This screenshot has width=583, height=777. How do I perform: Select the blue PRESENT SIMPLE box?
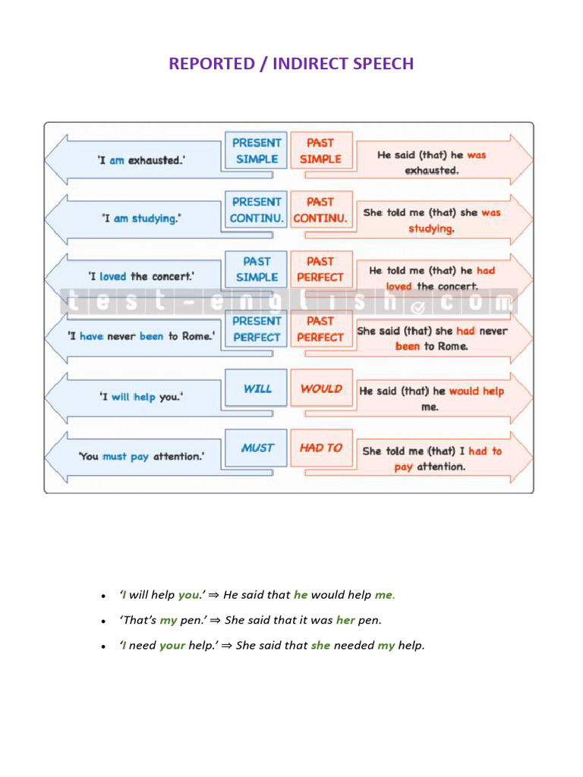[x=257, y=150]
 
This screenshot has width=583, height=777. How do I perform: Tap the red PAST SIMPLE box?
[x=320, y=150]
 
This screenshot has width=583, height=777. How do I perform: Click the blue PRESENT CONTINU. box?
[x=257, y=209]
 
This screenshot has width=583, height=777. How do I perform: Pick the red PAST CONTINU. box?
[x=320, y=209]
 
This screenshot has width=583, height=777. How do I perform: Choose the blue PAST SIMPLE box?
[x=257, y=269]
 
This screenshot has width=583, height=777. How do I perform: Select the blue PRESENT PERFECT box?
[x=257, y=329]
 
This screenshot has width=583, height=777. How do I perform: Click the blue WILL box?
[x=257, y=388]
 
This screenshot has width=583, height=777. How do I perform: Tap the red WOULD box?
[x=320, y=388]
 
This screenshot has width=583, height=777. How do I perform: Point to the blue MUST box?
[x=257, y=448]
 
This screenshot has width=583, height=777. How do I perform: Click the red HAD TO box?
[x=320, y=448]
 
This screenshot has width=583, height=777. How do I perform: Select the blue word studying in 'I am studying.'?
[x=156, y=219]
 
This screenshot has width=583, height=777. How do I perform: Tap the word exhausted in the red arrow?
[x=431, y=171]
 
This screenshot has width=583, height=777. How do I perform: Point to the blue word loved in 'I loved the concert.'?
[x=113, y=277]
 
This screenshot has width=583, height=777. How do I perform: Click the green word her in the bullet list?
[x=345, y=620]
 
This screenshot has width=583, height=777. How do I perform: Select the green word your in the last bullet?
[x=172, y=646]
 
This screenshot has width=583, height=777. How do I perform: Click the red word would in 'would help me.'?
[x=464, y=392]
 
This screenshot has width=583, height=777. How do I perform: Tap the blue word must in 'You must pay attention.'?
[x=115, y=457]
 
